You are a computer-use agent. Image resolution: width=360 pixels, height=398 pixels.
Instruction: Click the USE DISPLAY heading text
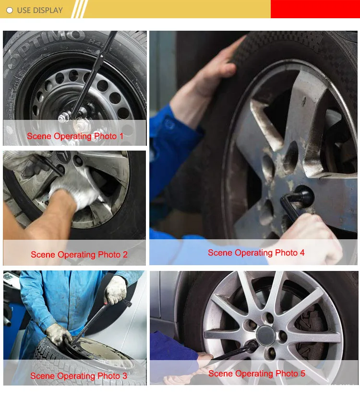pos(40,10)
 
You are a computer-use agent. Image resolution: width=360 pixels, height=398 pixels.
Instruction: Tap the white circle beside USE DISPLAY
pos(10,10)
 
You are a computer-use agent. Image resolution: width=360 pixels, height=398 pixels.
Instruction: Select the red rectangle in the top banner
pos(315,9)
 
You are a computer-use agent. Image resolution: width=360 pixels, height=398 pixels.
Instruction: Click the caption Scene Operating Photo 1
pos(75,136)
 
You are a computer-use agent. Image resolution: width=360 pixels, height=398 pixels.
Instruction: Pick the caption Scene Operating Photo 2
pos(79,254)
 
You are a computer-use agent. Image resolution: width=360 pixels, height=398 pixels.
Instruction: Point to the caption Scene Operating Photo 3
pos(79,375)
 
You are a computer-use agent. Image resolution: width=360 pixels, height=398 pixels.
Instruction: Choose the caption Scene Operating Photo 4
pos(256,253)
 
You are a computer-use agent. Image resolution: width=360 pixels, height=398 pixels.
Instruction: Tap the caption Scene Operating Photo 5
pos(257,374)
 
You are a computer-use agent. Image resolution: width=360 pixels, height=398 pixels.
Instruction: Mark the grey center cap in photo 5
pos(265,335)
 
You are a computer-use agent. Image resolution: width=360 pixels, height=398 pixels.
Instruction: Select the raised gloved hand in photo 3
pos(116,289)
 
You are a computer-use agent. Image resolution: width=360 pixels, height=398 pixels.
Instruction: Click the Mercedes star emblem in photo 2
pos(62,157)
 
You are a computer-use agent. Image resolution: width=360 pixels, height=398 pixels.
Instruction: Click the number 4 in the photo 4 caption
pos(302,253)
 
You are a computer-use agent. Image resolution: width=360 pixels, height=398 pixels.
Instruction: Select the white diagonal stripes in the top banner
pos(79,9)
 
